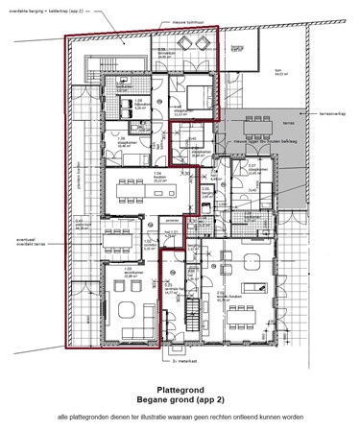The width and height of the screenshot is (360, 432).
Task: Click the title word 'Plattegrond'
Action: [x=180, y=380]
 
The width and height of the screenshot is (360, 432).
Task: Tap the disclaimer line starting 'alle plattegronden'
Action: [x=180, y=417]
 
